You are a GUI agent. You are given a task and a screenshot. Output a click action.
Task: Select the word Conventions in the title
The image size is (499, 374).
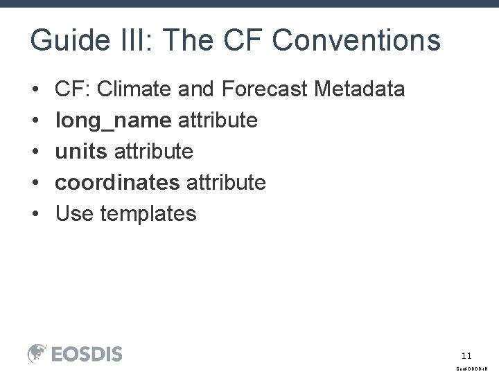356,40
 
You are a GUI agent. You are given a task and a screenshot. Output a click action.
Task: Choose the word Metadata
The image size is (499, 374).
360,89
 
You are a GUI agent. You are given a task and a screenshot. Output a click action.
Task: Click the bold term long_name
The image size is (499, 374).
113,121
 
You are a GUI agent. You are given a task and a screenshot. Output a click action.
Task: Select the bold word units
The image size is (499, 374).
81,151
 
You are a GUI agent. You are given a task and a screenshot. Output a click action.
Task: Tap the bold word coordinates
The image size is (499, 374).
117,182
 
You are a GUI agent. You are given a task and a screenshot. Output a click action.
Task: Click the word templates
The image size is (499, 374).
148,213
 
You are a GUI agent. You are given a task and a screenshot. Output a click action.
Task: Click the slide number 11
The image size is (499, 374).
466,355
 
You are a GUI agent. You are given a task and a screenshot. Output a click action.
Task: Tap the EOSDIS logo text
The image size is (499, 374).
87,354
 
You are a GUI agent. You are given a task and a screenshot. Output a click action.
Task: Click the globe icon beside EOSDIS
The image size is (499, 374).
37,353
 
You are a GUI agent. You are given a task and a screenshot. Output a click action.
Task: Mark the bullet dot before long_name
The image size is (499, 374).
35,121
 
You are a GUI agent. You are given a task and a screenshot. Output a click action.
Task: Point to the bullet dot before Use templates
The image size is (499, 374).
35,213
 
